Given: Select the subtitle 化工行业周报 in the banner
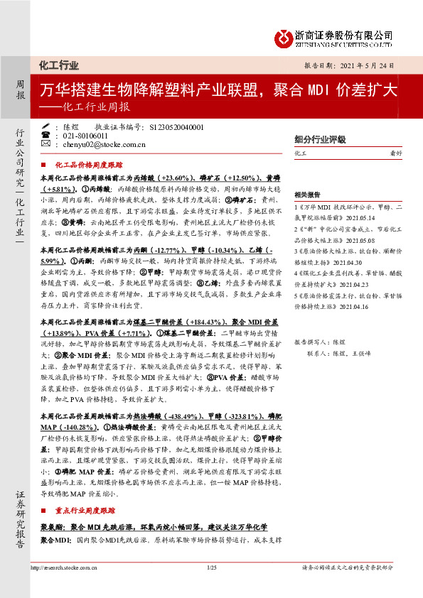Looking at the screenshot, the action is pyautogui.click(x=95, y=108).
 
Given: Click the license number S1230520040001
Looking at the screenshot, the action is pyautogui.click(x=178, y=127).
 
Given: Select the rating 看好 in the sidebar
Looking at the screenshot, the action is pyautogui.click(x=400, y=153).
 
